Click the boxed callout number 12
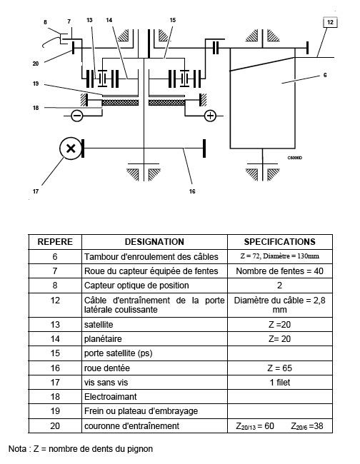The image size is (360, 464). pyautogui.click(x=330, y=22)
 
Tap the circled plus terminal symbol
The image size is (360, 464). pyautogui.click(x=210, y=116)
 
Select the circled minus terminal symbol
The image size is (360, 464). pyautogui.click(x=77, y=116)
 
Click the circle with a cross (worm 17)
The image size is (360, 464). pyautogui.click(x=71, y=148)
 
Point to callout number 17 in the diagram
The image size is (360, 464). pyautogui.click(x=36, y=191)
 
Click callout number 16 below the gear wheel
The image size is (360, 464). pyautogui.click(x=192, y=191)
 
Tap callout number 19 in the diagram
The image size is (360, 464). pyautogui.click(x=36, y=84)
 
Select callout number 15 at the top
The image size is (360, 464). pyautogui.click(x=173, y=20)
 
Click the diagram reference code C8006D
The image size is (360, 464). pyautogui.click(x=294, y=158)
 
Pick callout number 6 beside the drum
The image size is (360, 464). pyautogui.click(x=325, y=75)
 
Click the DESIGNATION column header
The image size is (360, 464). pyautogui.click(x=154, y=242)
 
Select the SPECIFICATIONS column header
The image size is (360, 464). pyautogui.click(x=279, y=242)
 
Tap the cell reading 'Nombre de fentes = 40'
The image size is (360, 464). pyautogui.click(x=279, y=271)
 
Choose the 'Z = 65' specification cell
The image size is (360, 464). pyautogui.click(x=279, y=368)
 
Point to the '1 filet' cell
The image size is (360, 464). pyautogui.click(x=279, y=383)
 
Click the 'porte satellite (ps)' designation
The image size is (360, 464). pyautogui.click(x=118, y=353)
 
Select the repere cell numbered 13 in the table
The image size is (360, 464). pyautogui.click(x=55, y=324)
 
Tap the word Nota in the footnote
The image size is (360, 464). pyautogui.click(x=17, y=448)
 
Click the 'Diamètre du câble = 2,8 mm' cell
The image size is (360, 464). pyautogui.click(x=279, y=305)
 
